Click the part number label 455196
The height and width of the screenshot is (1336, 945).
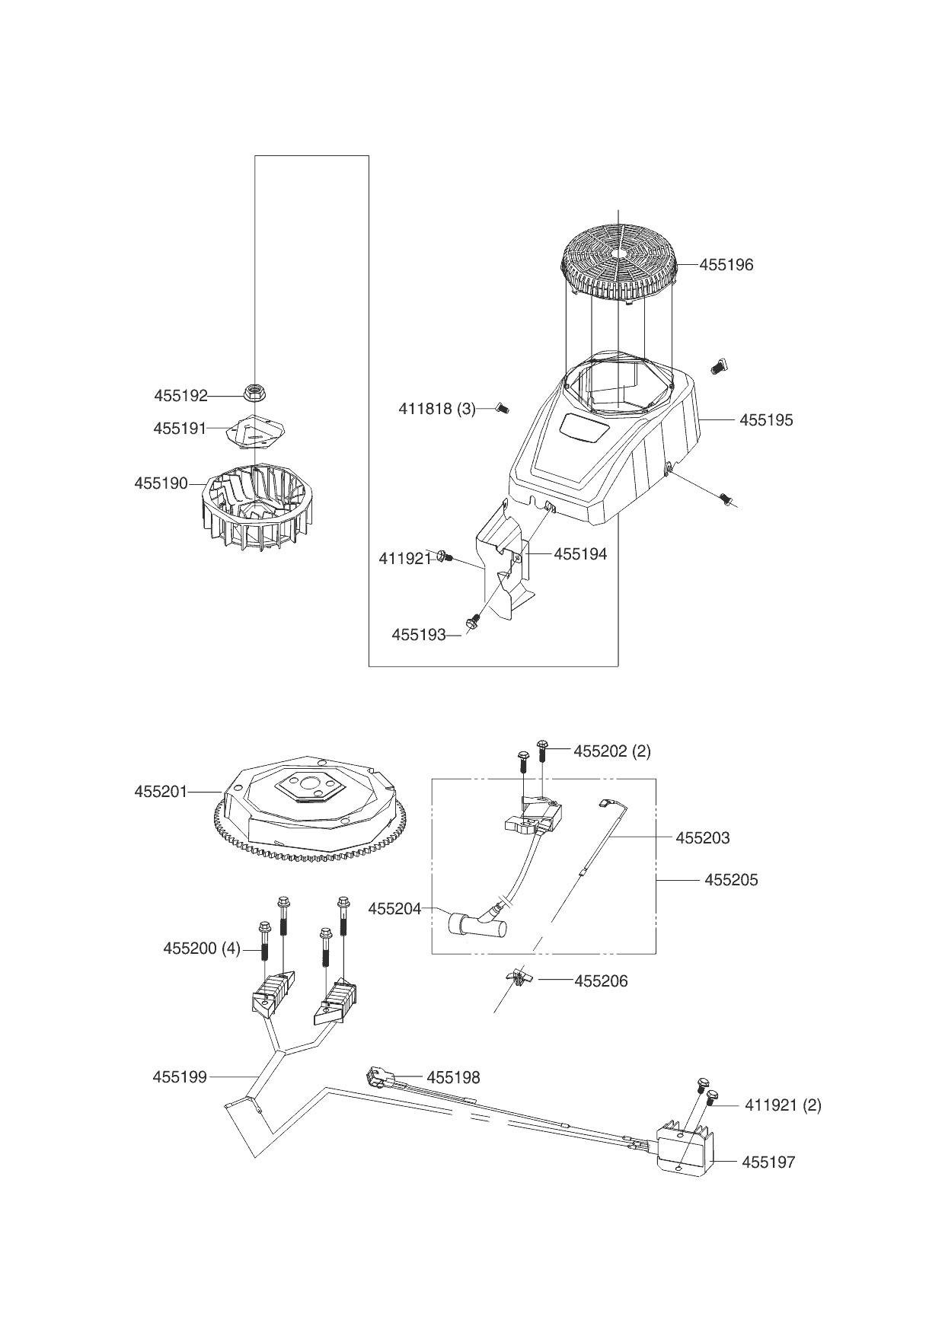[x=726, y=265]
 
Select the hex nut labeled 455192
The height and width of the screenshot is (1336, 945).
[x=253, y=393]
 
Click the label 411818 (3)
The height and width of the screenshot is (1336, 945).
[x=436, y=409]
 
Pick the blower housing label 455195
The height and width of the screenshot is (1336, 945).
[x=765, y=419]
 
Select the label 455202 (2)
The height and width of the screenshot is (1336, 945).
[x=611, y=751]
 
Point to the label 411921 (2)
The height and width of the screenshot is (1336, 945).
[x=782, y=1105]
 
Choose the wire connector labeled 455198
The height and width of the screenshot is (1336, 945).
[x=378, y=1077]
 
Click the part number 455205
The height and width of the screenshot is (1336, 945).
[x=731, y=880]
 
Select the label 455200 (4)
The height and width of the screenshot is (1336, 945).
[x=201, y=949]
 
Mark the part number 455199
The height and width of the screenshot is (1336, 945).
[x=179, y=1077]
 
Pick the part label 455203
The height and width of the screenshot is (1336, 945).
[x=702, y=838]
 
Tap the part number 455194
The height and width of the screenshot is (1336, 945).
[x=580, y=554]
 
